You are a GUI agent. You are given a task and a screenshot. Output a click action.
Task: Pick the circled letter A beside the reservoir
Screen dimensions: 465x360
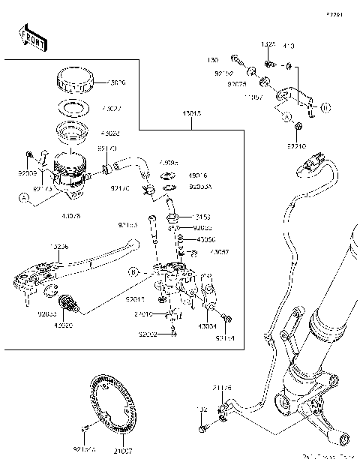click(25, 198)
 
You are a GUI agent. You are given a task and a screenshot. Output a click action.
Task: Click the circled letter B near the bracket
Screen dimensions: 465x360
click(133, 271)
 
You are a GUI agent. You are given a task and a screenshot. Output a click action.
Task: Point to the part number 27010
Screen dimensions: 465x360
click(145, 314)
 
